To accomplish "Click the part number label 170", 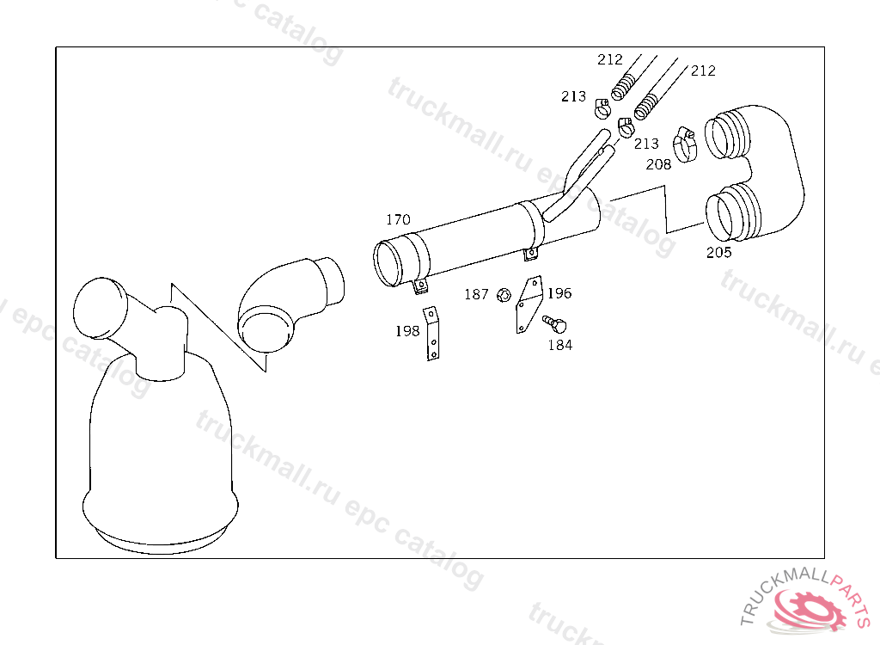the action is pyautogui.click(x=398, y=219).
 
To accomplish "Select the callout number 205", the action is pyautogui.click(x=719, y=252).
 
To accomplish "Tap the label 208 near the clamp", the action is pyautogui.click(x=658, y=164).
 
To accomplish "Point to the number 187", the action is pyautogui.click(x=476, y=294).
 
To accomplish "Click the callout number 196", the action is pyautogui.click(x=559, y=292).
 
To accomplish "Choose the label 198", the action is pyautogui.click(x=407, y=331).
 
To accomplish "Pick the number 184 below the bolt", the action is pyautogui.click(x=560, y=345).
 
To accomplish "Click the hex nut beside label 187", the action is pyautogui.click(x=504, y=294).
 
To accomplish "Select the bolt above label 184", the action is pyautogui.click(x=554, y=323).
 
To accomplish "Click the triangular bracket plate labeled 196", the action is pyautogui.click(x=529, y=305).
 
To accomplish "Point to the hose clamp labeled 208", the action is pyautogui.click(x=685, y=144).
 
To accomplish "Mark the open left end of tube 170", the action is pyautogui.click(x=388, y=263).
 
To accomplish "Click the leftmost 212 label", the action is pyautogui.click(x=610, y=59).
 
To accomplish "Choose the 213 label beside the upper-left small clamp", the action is pyautogui.click(x=573, y=96).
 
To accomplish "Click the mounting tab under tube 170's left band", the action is pyautogui.click(x=419, y=287).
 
